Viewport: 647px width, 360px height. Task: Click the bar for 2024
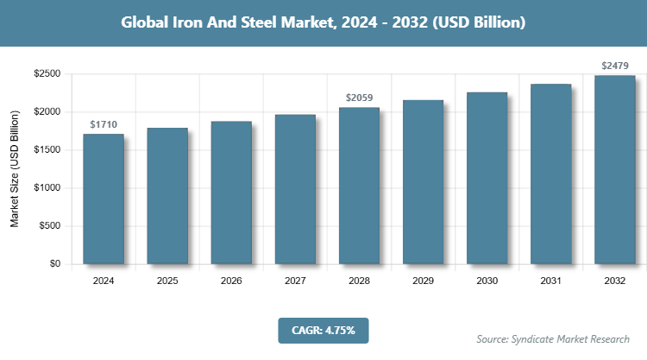point(104,199)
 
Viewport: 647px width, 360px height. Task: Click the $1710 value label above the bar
point(104,125)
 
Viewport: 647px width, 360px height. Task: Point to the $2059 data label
point(359,98)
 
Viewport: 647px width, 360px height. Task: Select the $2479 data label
point(614,66)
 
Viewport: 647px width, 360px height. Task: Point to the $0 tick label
point(53,264)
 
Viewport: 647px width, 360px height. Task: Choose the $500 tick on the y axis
point(48,226)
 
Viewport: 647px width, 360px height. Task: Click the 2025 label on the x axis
point(167,281)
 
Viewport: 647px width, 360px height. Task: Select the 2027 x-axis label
point(295,281)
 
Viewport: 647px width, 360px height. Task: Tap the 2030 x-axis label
point(487,281)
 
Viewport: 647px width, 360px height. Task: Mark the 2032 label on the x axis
point(614,281)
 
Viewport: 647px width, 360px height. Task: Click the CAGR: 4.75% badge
point(323,330)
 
